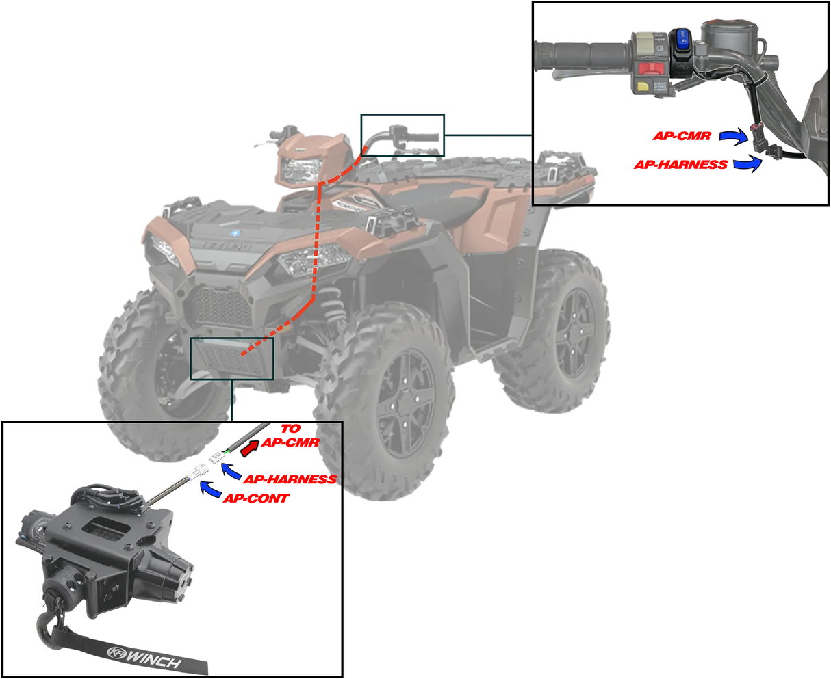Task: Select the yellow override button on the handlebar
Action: [x=644, y=85]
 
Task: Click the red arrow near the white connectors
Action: [x=251, y=449]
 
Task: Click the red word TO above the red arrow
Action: [x=290, y=429]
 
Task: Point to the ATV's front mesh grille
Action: [x=219, y=306]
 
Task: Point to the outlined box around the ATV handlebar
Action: [x=402, y=135]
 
